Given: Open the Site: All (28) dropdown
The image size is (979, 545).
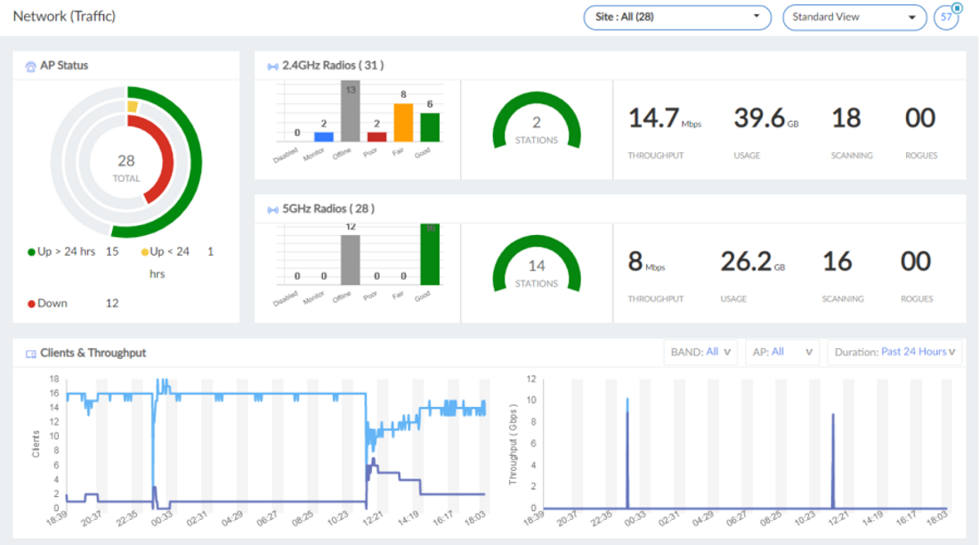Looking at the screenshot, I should tap(676, 17).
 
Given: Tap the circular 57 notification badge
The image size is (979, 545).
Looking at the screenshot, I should tap(946, 17).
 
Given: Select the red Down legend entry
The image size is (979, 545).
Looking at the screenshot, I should tap(53, 303).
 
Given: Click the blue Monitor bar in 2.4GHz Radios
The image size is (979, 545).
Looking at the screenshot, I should tap(324, 136).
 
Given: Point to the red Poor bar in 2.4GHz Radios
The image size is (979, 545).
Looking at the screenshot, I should tap(376, 136).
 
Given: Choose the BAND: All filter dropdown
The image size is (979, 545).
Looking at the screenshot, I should tap(700, 352).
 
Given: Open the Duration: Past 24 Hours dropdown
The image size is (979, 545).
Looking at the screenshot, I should tap(895, 352).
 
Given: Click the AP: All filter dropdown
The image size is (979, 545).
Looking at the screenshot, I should tap(782, 352).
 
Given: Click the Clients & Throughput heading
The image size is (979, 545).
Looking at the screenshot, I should tap(93, 354).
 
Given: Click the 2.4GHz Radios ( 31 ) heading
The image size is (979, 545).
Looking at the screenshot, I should tap(333, 65).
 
